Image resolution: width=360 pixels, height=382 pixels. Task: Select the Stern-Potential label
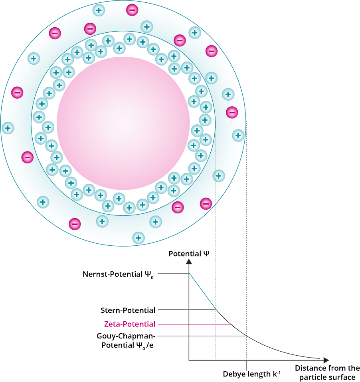coord(128,310)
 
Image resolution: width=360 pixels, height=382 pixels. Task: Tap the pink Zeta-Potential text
coord(128,324)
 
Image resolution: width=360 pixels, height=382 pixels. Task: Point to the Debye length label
coord(252,374)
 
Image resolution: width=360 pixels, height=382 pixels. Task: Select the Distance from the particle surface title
coord(327,372)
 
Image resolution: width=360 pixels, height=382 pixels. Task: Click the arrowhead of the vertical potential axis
coord(189,262)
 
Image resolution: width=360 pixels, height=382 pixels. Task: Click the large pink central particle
coord(123,123)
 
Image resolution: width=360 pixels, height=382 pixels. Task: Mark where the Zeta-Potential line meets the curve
coord(232,325)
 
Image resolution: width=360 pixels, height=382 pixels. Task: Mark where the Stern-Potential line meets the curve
coord(216,310)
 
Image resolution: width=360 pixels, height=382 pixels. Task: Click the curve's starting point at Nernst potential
coord(189,273)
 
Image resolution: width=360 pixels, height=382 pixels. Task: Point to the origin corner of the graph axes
coord(189,360)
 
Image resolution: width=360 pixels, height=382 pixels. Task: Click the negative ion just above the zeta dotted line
coord(231,113)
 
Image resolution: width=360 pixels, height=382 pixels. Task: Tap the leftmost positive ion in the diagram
coord(8,128)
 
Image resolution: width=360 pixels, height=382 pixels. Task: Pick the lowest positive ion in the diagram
coord(138,238)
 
